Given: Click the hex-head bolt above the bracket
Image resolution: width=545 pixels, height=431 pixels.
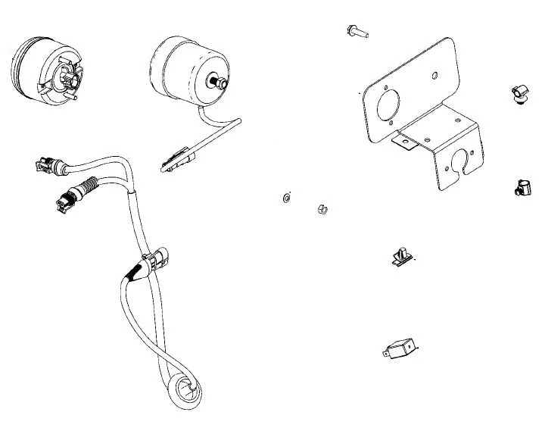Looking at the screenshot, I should [x=356, y=31].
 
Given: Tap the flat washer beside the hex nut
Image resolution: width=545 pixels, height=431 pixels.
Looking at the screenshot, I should [x=285, y=199].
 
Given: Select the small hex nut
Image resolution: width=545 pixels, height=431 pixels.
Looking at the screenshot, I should [x=320, y=208].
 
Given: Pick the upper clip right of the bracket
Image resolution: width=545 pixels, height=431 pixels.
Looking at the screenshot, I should [x=519, y=95].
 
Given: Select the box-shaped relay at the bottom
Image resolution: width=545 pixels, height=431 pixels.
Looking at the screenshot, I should [x=402, y=351].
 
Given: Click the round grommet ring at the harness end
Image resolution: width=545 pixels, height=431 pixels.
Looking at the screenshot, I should [x=184, y=390].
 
